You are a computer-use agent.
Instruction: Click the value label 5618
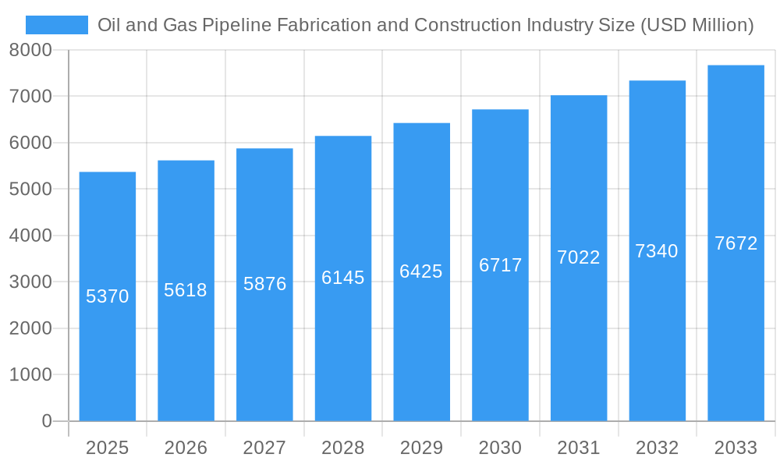tap(186, 290)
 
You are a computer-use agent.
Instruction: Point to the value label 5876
tap(265, 284)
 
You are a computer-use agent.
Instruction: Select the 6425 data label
tap(421, 271)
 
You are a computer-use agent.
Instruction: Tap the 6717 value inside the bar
tap(501, 265)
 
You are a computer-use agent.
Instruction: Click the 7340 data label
tap(657, 251)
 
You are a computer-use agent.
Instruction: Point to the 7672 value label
tap(736, 243)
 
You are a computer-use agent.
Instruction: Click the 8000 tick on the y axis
tap(30, 50)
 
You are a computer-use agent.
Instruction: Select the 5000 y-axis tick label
tap(30, 190)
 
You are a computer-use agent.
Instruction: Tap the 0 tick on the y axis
tap(46, 421)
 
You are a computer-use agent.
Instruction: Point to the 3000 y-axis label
tap(30, 282)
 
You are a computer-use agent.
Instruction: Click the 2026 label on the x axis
tap(186, 448)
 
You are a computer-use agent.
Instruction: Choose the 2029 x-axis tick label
tap(421, 448)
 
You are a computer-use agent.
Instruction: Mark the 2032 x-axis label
tap(657, 448)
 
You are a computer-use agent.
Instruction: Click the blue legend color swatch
tap(57, 25)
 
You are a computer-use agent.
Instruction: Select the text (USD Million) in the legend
tap(697, 25)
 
